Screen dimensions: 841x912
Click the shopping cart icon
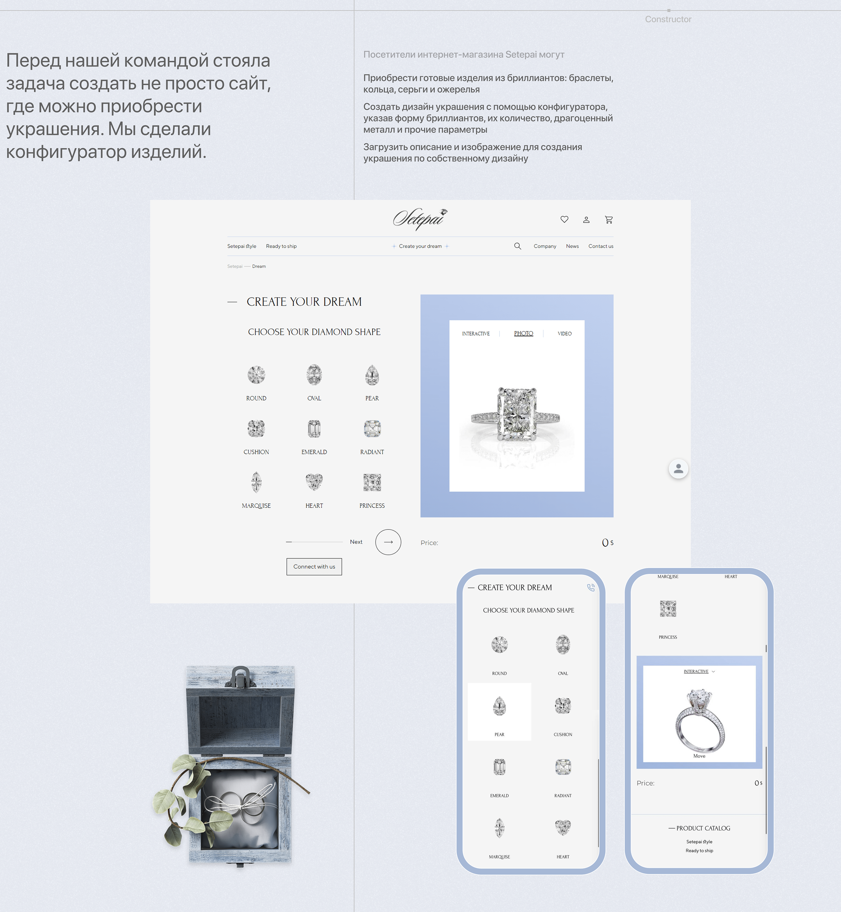pos(609,220)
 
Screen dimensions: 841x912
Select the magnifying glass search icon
pos(518,246)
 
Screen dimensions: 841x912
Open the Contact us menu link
pos(601,246)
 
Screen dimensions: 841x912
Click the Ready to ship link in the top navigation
pos(281,246)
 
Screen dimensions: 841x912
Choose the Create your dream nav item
pos(420,246)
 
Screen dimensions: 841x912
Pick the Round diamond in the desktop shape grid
pos(256,375)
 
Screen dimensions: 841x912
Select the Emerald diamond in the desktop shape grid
pos(314,428)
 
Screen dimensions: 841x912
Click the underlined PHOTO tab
pos(523,334)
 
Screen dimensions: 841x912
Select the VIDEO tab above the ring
pos(564,334)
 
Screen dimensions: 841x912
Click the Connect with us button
pos(314,566)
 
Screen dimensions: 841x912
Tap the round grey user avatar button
pos(678,469)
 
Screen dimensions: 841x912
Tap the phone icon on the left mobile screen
pos(591,588)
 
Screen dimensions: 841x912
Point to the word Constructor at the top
pos(668,19)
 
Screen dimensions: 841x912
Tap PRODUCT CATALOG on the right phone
pos(703,828)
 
